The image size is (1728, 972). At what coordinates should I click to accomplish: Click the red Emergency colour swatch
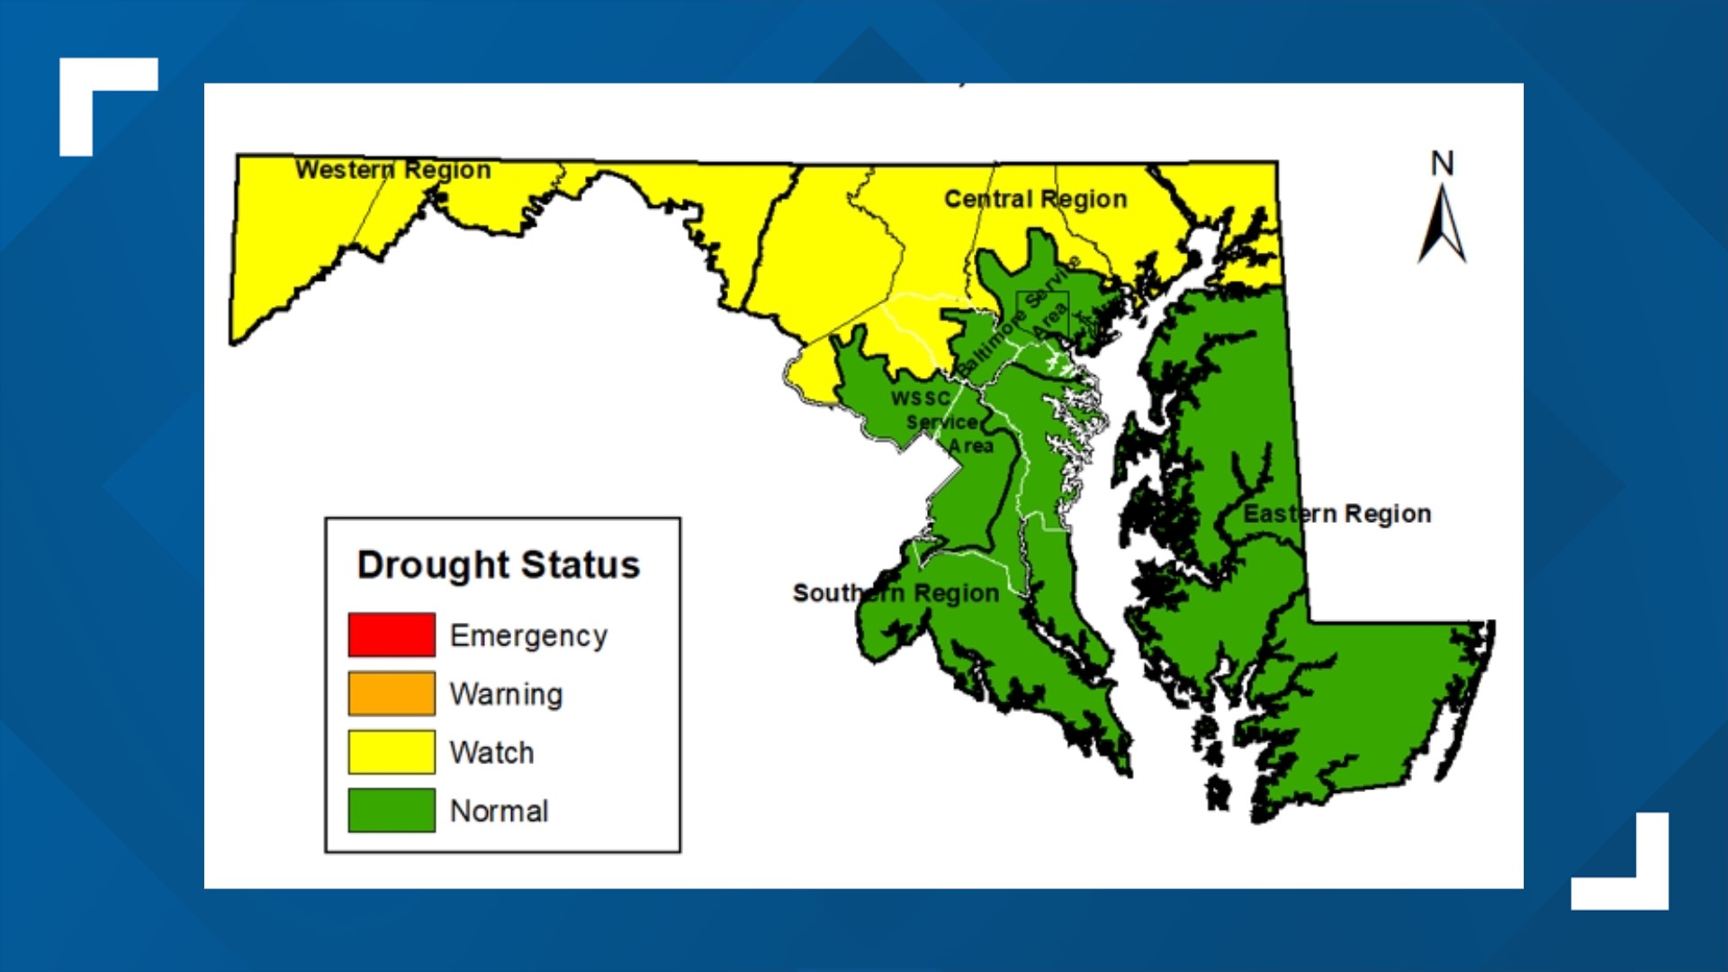pyautogui.click(x=391, y=634)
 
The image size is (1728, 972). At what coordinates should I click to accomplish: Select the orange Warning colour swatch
pyautogui.click(x=391, y=693)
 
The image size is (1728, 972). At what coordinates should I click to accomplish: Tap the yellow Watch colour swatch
pyautogui.click(x=391, y=751)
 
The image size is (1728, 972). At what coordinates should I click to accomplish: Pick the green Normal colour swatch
pyautogui.click(x=391, y=810)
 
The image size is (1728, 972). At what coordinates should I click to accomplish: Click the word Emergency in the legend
pyautogui.click(x=528, y=635)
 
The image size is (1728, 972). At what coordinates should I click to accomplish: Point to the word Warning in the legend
pyautogui.click(x=506, y=694)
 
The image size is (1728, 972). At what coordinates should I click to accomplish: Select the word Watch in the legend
pyautogui.click(x=491, y=752)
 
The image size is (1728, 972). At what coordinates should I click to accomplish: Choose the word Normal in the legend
pyautogui.click(x=499, y=811)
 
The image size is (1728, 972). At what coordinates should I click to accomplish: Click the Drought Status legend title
pyautogui.click(x=499, y=565)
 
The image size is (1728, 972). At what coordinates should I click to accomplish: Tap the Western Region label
pyautogui.click(x=393, y=169)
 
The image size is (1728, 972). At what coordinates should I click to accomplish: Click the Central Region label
pyautogui.click(x=1035, y=199)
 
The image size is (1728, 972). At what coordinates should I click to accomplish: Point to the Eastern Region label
pyautogui.click(x=1336, y=514)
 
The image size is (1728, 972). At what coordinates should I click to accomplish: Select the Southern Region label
pyautogui.click(x=895, y=593)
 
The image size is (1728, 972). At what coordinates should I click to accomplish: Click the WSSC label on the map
pyautogui.click(x=920, y=398)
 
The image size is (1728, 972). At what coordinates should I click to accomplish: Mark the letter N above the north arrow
pyautogui.click(x=1442, y=164)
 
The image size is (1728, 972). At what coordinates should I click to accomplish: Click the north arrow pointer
pyautogui.click(x=1442, y=225)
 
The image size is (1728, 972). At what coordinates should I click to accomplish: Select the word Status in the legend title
pyautogui.click(x=580, y=565)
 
